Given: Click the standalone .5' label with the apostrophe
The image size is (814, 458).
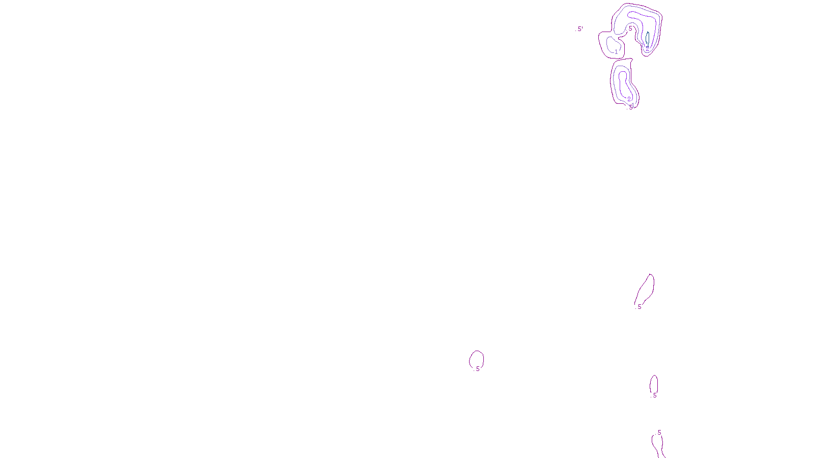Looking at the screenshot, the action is pos(580,29).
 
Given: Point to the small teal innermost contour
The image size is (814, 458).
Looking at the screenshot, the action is pos(648,38).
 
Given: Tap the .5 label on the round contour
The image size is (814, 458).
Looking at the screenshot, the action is pos(477,369).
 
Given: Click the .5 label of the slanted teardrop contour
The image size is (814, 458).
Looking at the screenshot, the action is pos(639,307).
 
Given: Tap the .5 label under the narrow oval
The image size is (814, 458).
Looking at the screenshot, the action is pos(654,395).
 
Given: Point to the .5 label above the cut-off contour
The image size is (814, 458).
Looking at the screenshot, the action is pos(659,433).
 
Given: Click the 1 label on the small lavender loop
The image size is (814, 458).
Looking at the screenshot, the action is pos(616,52).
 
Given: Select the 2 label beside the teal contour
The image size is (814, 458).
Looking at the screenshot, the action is pos(647,47).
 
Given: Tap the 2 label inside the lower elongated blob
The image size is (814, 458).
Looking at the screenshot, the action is pos(629,99).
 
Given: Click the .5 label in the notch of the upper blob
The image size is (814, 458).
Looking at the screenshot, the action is pos(630,28).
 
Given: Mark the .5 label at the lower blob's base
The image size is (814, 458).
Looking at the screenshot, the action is pos(629,107).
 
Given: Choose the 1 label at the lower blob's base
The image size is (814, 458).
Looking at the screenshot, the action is pos(632,105).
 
